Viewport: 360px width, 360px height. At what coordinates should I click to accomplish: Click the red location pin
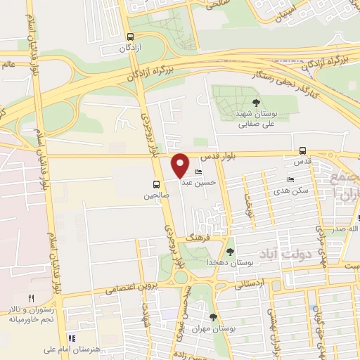181,165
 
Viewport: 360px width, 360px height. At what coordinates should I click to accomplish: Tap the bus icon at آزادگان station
130,37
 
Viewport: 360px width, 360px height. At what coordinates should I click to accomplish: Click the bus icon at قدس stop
302,150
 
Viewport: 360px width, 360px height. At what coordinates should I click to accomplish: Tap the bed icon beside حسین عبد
198,172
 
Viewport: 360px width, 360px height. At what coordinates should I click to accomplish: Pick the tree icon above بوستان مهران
213,316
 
